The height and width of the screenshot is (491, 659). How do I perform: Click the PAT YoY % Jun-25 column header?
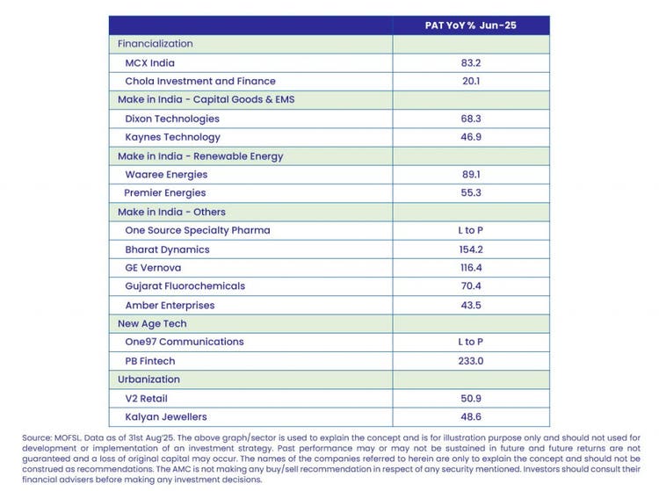click(x=471, y=25)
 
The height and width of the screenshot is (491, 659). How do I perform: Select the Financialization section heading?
click(x=156, y=44)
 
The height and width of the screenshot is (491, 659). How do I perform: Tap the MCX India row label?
click(x=150, y=62)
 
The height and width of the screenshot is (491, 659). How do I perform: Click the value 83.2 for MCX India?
click(x=471, y=62)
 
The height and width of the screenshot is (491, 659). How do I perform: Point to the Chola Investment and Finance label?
click(x=200, y=81)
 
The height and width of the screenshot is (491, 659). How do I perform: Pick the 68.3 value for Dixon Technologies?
click(x=471, y=119)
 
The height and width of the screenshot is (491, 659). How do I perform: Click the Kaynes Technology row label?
click(x=173, y=137)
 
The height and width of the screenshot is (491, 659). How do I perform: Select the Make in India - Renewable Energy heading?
click(x=200, y=156)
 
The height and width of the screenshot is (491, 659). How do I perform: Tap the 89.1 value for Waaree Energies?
click(x=471, y=174)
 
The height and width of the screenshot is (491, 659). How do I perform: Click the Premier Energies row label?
click(x=165, y=192)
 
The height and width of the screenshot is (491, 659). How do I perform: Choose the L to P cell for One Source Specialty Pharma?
click(x=471, y=230)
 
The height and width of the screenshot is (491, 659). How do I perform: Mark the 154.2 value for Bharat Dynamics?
click(x=471, y=249)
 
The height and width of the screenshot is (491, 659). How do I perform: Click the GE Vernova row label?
click(x=155, y=267)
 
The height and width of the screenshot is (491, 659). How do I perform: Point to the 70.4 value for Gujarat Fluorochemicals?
click(x=471, y=285)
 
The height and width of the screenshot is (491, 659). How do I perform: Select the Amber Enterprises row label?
click(x=170, y=305)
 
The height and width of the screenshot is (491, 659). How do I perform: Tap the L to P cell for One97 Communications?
click(x=471, y=342)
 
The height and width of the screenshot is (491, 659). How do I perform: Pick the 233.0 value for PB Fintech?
click(x=471, y=360)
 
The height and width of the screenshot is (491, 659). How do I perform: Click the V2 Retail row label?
click(x=147, y=398)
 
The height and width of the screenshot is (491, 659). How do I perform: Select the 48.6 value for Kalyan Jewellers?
click(x=471, y=416)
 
